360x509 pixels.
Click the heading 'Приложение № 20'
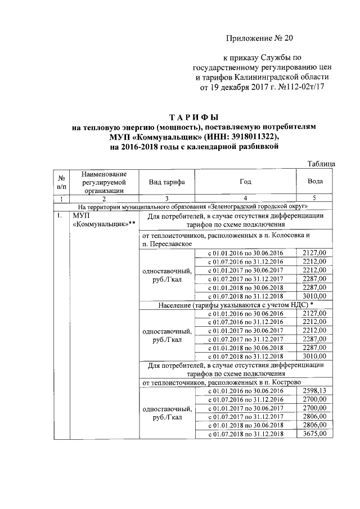click(260, 38)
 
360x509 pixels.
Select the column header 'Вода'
click(315, 182)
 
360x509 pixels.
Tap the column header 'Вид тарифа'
click(166, 182)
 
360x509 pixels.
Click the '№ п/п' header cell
click(61, 182)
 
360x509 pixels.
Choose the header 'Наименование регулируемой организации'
click(103, 182)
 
